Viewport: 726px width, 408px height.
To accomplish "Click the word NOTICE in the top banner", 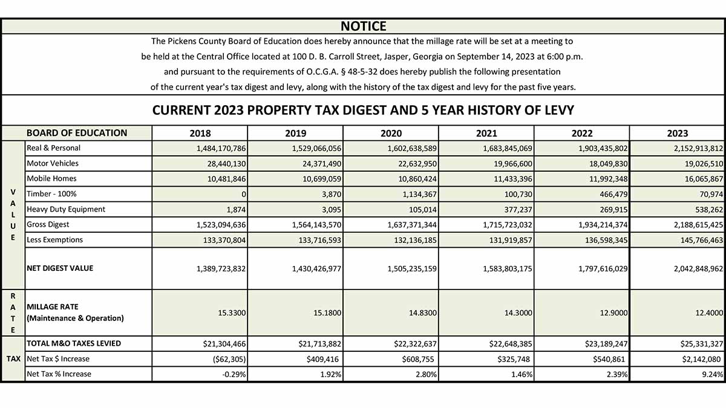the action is pos(364,26).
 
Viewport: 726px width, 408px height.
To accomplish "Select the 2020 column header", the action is pos(391,134).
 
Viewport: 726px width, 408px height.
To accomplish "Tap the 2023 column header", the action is pos(678,134).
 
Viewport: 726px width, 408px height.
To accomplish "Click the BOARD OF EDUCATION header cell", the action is pos(77,133).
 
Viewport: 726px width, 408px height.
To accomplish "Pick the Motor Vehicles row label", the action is pos(53,163).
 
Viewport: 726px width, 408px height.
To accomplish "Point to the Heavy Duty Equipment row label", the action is pos(66,209).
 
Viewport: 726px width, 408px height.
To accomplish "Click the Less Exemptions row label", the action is pos(55,239).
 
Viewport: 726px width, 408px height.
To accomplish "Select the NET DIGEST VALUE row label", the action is pos(60,268).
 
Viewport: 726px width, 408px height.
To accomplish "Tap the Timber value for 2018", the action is pos(243,194).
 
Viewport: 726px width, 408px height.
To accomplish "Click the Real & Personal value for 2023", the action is pos(698,149).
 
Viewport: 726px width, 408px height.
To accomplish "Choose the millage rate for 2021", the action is pos(518,313).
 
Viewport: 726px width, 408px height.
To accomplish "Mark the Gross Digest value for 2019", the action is pos(316,225).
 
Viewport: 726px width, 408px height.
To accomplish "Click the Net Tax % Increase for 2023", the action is pos(713,374).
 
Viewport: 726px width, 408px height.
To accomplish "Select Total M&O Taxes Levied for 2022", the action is pos(606,344).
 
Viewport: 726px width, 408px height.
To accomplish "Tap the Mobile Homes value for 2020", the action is pos(417,179).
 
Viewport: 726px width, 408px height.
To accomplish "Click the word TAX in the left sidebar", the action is pos(13,359).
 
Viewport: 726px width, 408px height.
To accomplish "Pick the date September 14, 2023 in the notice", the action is pos(495,57).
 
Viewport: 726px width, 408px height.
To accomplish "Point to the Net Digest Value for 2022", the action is pos(603,269).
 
